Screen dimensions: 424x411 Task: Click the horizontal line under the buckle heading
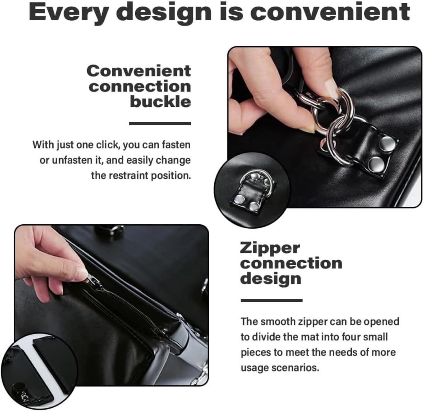[x=160, y=123]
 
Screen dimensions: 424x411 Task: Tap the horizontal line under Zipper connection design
[x=271, y=300]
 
